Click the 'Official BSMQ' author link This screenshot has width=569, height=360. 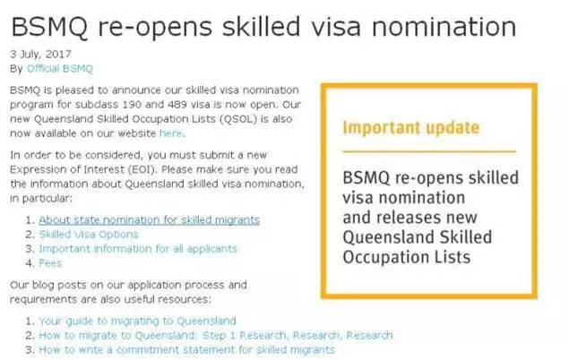(60, 69)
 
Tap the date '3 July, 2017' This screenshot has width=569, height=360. (40, 55)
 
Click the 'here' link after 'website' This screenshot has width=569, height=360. (171, 133)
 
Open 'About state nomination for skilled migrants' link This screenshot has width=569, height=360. (150, 220)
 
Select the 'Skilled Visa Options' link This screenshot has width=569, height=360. (89, 235)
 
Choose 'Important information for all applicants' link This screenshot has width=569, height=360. (138, 249)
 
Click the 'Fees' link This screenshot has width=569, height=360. (50, 263)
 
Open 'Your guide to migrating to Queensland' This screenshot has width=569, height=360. (137, 321)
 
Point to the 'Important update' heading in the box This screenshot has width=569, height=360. (411, 128)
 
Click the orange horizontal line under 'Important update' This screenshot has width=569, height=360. (429, 151)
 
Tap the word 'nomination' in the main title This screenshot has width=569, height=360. (444, 27)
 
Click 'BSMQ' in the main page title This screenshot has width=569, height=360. (49, 28)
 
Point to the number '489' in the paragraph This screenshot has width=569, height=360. (177, 105)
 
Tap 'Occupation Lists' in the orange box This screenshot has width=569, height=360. (407, 257)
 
